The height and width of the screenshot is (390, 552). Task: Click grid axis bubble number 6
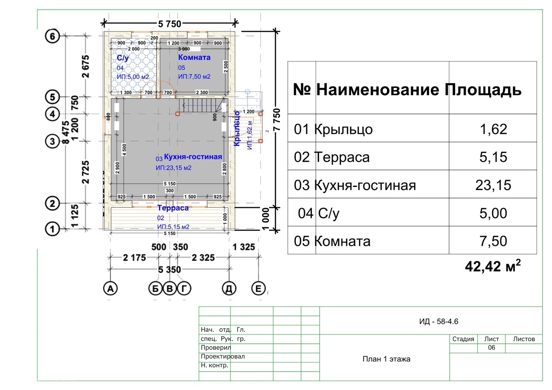click(52, 37)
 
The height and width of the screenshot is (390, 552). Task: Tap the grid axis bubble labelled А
click(111, 289)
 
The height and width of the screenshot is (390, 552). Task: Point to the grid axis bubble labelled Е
click(258, 289)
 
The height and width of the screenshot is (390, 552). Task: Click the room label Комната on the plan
click(194, 57)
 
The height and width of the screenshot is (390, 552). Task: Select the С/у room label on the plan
click(122, 57)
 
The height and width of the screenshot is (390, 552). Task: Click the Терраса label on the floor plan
click(173, 208)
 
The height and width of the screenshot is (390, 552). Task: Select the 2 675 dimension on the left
click(86, 66)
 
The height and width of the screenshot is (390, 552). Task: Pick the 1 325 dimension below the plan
click(244, 247)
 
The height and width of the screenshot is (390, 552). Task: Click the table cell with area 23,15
click(493, 185)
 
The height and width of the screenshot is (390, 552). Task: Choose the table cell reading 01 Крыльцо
click(333, 129)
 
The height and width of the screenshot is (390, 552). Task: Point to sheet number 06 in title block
click(491, 348)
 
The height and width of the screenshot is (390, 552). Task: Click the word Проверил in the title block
click(216, 348)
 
